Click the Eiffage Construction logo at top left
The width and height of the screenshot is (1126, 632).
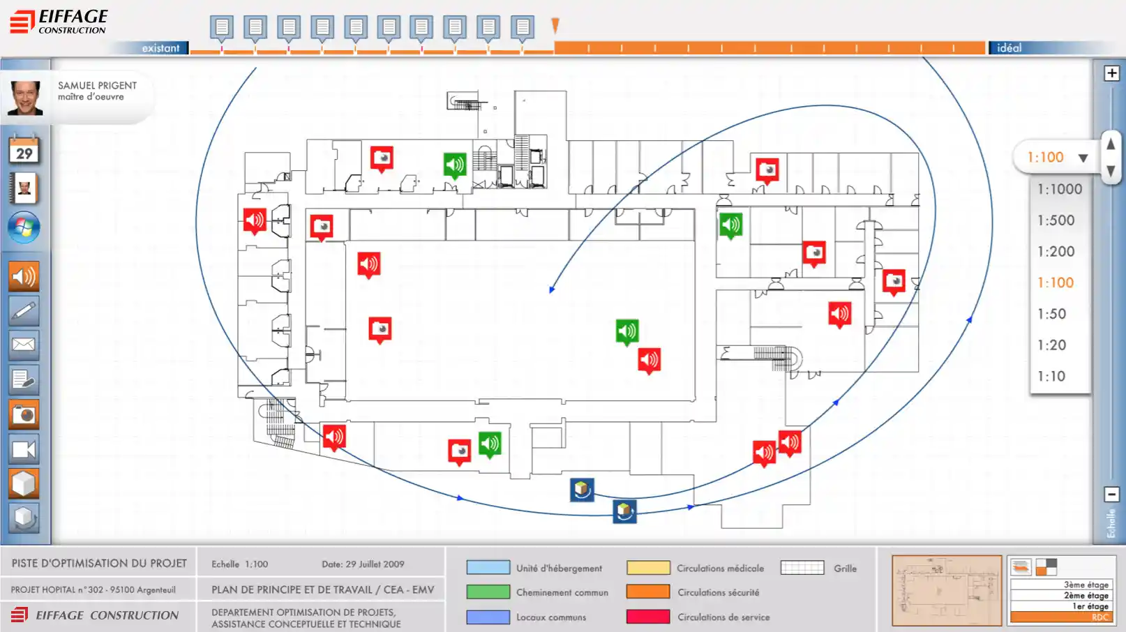[59, 22]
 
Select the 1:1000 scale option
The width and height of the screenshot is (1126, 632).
[1059, 189]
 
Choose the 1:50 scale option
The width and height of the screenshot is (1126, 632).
[1051, 314]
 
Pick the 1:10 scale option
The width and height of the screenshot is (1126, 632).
[1051, 377]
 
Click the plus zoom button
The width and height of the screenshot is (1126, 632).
[1111, 73]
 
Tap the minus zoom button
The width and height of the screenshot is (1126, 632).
[1111, 495]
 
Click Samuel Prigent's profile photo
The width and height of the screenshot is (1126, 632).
[25, 98]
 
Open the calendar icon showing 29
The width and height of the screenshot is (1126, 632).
[24, 150]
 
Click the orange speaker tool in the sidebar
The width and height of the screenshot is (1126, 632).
[24, 277]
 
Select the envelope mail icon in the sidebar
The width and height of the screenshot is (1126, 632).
[24, 345]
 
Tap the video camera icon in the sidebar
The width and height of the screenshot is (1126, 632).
[24, 449]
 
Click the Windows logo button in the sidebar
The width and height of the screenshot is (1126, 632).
[24, 227]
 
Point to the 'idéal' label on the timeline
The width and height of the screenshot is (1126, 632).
[1009, 48]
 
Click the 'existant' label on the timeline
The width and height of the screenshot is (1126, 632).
[160, 48]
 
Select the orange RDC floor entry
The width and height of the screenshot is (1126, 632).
[1060, 617]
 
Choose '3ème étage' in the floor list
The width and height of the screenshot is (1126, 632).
[1085, 585]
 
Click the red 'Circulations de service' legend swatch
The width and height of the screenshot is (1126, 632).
[647, 617]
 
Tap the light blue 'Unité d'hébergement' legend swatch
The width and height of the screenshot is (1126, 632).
[488, 568]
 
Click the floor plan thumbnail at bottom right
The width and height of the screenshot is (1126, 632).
[947, 590]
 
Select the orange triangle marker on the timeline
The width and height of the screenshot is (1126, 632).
[555, 26]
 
